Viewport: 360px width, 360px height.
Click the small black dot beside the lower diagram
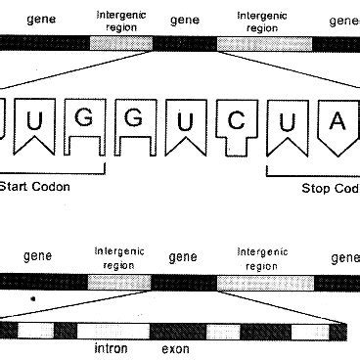coord(33,297)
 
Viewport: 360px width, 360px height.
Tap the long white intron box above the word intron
coord(107,330)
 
